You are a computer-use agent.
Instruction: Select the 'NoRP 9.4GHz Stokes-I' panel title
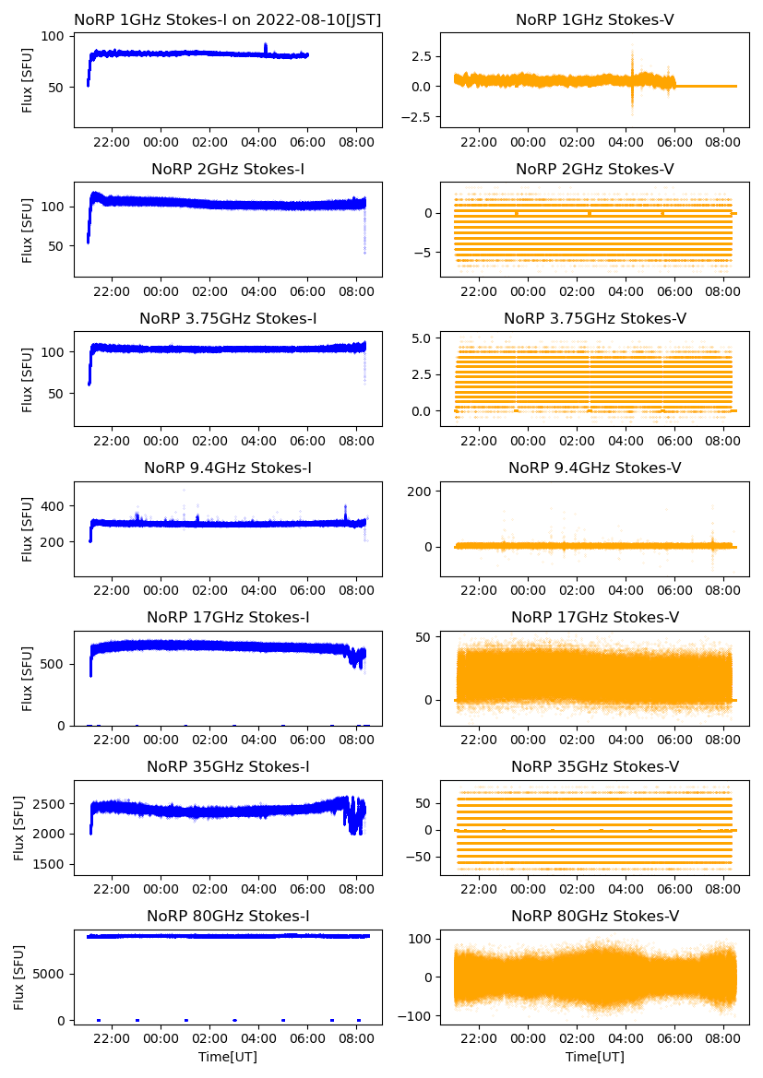(228, 468)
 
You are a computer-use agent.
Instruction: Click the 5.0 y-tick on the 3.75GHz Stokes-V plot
(422, 338)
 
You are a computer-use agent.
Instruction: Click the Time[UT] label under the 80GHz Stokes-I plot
(228, 1057)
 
